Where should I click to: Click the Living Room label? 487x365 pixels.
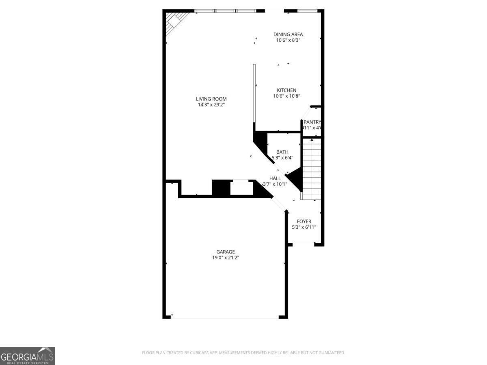click(x=211, y=99)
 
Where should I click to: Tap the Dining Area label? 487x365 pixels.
click(x=288, y=34)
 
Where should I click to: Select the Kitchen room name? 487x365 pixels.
click(x=287, y=90)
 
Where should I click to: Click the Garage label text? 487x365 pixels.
click(x=225, y=252)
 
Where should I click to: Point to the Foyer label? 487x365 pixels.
click(x=304, y=221)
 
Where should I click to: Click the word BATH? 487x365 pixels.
click(x=282, y=152)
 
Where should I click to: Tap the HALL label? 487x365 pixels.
click(x=275, y=178)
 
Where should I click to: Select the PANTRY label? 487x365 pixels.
click(x=312, y=122)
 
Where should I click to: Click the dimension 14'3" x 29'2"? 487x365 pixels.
click(x=211, y=105)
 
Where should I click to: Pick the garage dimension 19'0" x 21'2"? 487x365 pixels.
click(x=225, y=258)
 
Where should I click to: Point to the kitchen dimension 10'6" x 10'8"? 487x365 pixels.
click(x=287, y=96)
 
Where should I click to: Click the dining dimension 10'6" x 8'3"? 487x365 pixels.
click(x=288, y=41)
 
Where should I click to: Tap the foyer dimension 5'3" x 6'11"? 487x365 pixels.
click(x=304, y=228)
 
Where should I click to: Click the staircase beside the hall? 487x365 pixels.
click(x=312, y=169)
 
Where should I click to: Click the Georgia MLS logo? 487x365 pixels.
click(x=27, y=356)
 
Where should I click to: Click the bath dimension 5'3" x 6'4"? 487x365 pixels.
click(x=282, y=158)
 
